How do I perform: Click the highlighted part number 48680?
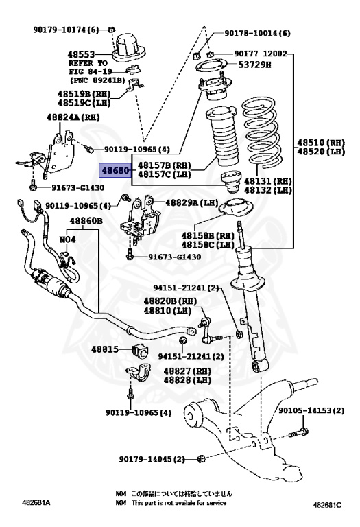point(115,169)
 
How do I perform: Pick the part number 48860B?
point(85,221)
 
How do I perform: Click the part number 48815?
point(107,349)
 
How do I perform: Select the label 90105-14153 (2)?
point(313,411)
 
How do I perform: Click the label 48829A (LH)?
point(191,203)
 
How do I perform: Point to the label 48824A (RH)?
point(74,118)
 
